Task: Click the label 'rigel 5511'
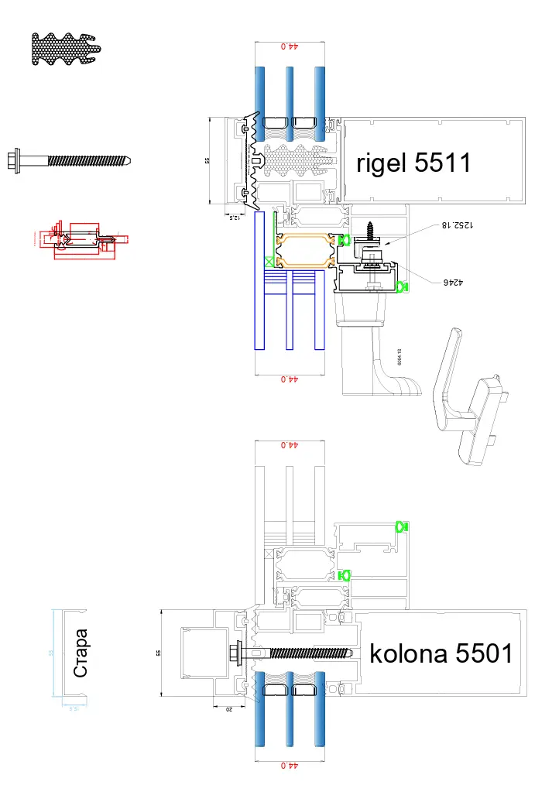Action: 413,163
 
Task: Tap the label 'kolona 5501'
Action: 441,653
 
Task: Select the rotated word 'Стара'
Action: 81,654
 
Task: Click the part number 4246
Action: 451,284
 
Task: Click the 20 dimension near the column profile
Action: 228,708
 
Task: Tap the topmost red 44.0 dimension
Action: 287,46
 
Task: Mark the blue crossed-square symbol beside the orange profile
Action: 269,262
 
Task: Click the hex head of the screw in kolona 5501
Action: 235,653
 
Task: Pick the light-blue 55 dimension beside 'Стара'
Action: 52,653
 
